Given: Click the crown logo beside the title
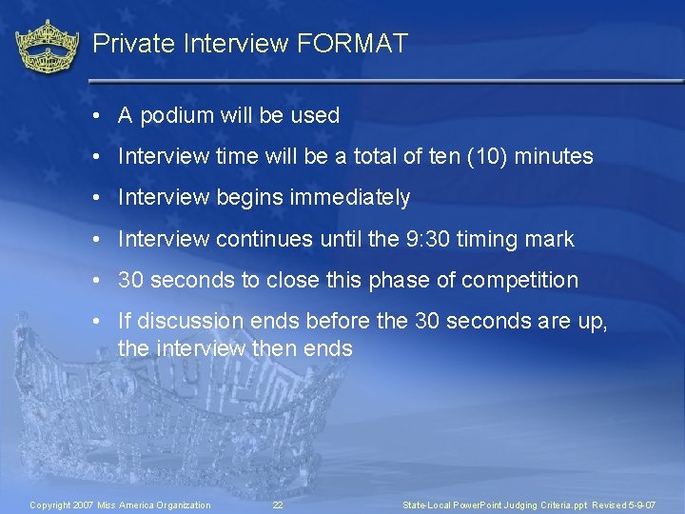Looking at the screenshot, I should (48, 47).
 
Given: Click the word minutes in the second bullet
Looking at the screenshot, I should (554, 157).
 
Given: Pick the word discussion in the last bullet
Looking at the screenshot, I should (187, 322).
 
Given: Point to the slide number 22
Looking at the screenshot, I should (278, 504).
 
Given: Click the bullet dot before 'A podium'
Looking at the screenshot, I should (97, 116).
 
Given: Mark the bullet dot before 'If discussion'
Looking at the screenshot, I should (97, 322).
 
